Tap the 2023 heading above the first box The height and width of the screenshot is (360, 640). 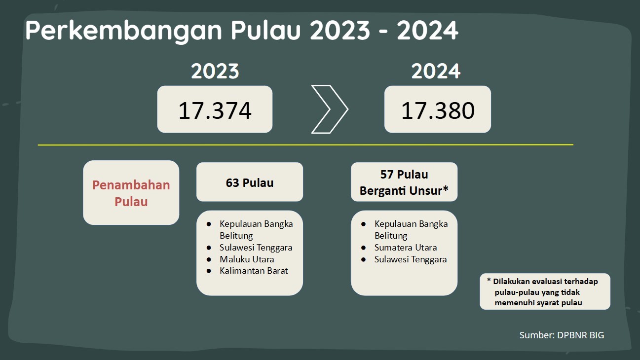coord(215,72)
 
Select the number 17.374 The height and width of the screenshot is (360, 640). coord(215,110)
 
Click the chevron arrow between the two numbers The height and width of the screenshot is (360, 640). coord(329,109)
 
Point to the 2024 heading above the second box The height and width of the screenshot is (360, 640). coord(436,72)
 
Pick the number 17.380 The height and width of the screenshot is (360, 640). coord(438,110)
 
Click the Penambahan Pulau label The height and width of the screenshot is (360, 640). coord(131,193)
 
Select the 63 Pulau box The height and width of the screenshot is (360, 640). coord(250,182)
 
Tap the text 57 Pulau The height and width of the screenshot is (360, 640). coord(404,175)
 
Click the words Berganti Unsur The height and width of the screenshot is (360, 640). coord(400,191)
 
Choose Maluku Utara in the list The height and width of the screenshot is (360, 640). coord(247,259)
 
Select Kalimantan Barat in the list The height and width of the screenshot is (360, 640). coord(254,271)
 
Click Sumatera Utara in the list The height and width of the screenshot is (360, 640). coord(406,248)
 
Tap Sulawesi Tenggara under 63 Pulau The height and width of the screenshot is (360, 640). coord(256,248)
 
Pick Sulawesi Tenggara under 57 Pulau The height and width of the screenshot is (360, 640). coord(411,259)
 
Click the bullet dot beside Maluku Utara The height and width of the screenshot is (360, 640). coord(209,259)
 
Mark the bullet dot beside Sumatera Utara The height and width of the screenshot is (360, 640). coord(364,248)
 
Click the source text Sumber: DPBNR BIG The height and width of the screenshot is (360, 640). coord(562,335)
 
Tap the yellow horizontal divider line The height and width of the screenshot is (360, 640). coord(305,145)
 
